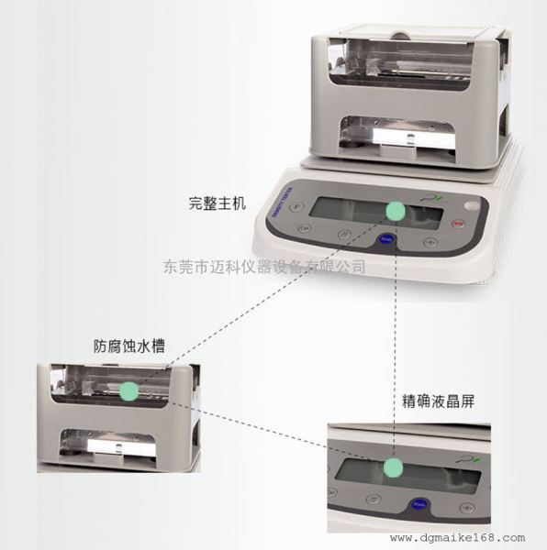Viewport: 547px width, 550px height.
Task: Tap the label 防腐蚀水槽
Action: click(135, 347)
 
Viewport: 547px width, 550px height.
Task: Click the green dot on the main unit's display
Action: click(395, 212)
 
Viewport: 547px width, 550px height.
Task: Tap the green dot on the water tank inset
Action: click(128, 390)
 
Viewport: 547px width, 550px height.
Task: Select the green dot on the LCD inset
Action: click(393, 468)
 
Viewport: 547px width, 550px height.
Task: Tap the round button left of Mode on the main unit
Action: click(345, 235)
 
